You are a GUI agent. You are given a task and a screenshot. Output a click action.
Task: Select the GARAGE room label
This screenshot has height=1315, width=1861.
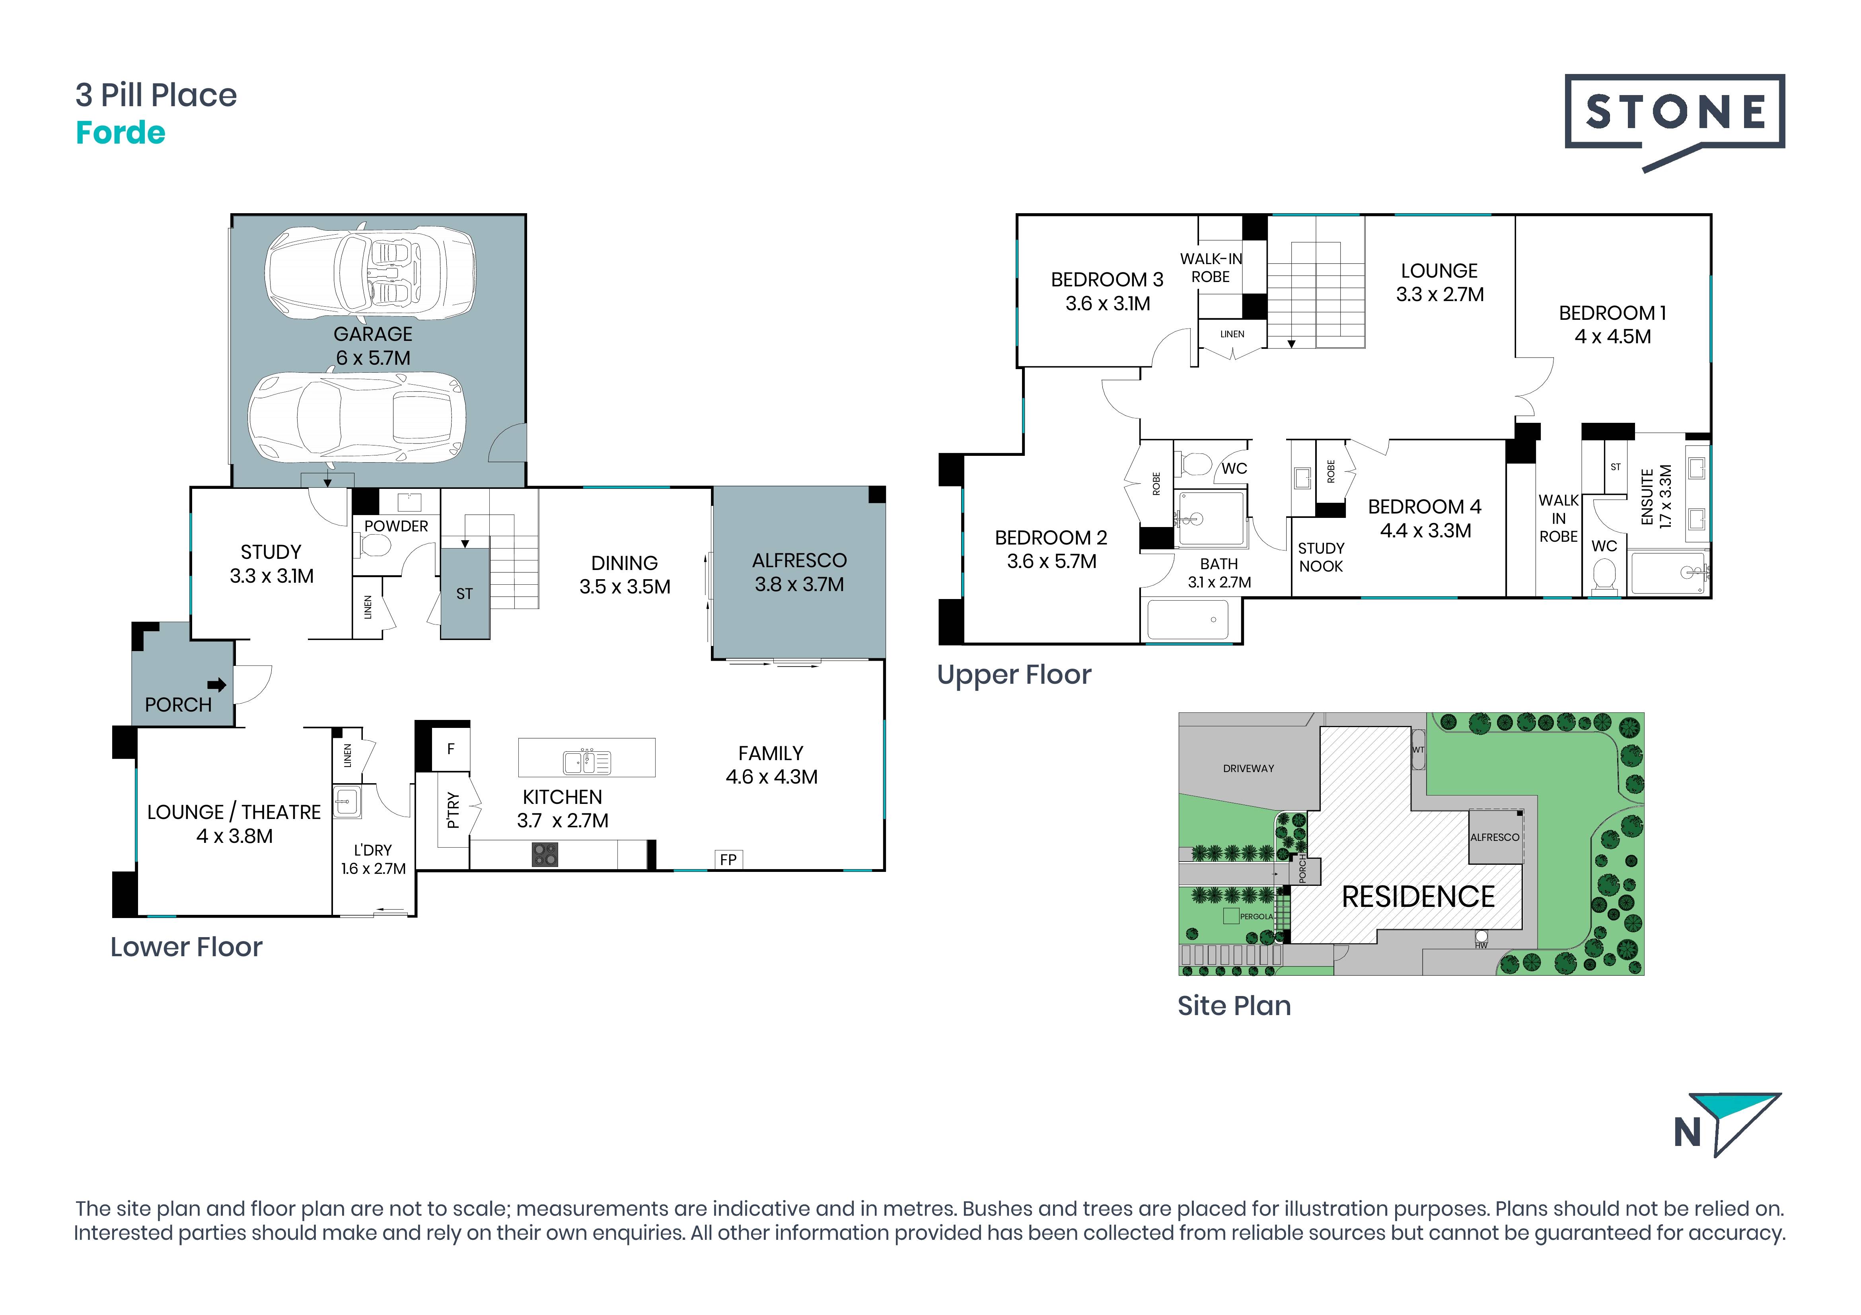tap(373, 334)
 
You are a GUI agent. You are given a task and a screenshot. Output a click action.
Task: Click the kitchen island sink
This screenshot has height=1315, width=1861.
tap(587, 762)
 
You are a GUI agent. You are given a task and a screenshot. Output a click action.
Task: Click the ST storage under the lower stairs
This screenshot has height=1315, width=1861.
tap(464, 594)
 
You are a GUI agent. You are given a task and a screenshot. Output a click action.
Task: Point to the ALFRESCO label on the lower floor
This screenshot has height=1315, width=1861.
tap(799, 561)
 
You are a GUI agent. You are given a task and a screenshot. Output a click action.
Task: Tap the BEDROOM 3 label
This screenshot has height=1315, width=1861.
tap(1107, 280)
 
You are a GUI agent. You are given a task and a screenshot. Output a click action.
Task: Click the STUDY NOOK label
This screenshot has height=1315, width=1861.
tap(1321, 557)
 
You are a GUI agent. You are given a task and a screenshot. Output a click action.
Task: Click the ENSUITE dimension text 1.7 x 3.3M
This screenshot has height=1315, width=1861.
tap(1666, 497)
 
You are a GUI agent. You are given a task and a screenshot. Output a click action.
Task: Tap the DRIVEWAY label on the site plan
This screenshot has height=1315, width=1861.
tap(1248, 768)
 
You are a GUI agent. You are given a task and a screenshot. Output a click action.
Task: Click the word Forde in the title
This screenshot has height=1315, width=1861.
tap(121, 133)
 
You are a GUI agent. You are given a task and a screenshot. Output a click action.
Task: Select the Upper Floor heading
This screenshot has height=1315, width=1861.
tap(1014, 675)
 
